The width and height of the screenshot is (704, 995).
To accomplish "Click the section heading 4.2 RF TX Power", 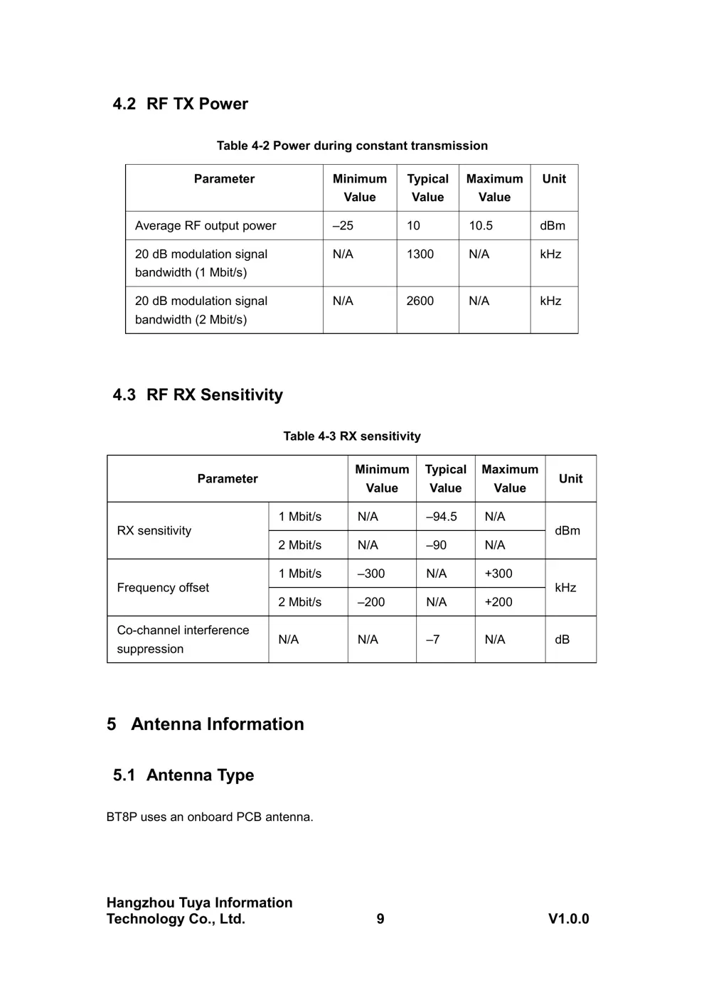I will click(180, 104).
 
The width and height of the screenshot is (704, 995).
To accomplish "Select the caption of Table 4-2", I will click(352, 146).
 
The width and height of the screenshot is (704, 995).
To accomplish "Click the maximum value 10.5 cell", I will click(481, 226).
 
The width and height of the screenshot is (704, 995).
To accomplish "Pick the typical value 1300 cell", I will click(420, 254).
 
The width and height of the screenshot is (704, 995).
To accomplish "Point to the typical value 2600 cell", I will click(420, 301).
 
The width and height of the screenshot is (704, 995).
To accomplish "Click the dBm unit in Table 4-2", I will click(553, 226).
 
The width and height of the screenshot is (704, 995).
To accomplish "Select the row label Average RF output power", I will click(206, 226).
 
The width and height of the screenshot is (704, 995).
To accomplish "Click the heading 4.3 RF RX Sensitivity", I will click(198, 395).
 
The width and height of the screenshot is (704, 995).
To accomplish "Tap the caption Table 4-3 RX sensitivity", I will click(352, 436).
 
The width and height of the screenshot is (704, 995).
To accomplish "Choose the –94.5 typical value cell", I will click(442, 517).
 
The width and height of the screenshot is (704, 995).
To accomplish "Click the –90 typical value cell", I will click(437, 545).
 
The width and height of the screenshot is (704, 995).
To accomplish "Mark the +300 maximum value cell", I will click(498, 574).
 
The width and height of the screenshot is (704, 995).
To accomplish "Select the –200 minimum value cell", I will click(371, 602).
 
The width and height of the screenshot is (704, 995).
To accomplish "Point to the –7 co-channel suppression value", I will click(433, 640).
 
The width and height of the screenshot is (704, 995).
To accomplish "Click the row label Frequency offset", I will click(163, 588).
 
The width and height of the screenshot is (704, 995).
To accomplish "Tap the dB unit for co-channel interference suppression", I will click(562, 640).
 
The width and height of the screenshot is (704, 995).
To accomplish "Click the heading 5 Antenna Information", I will click(206, 724).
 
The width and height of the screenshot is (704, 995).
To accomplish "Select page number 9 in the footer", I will click(380, 919).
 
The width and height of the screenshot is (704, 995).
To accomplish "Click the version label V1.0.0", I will click(568, 919).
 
